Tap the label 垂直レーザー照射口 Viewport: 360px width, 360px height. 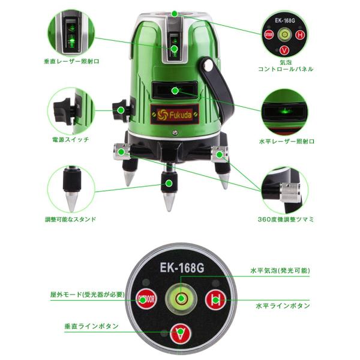pyautogui.click(x=72, y=62)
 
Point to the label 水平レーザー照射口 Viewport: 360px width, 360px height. pyautogui.click(x=286, y=140)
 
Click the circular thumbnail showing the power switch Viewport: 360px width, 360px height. pyautogui.click(x=71, y=110)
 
